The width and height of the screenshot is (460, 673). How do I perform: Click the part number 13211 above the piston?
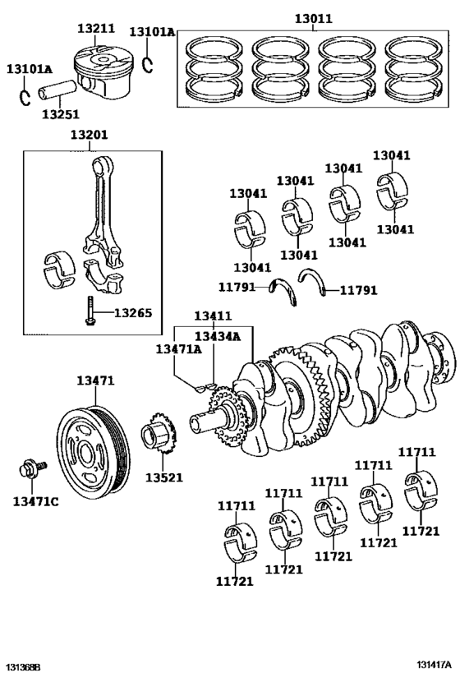coord(96,28)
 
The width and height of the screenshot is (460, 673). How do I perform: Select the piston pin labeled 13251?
coord(57,89)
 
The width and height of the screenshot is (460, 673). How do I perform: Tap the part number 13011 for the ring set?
coord(313,19)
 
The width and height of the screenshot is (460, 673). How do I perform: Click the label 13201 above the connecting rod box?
coord(90,135)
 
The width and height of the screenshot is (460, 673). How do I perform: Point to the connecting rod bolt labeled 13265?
coord(90,311)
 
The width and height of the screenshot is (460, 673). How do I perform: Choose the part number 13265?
coord(133,313)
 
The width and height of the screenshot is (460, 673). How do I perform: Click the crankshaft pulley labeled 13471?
coord(93,457)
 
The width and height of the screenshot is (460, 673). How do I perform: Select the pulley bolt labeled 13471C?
coord(32,468)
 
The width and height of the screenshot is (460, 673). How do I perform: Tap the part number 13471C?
coord(35,501)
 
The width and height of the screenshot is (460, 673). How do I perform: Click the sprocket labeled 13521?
coord(159,434)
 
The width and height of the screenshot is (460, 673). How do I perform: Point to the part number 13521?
coord(164,477)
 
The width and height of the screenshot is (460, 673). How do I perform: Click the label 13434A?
coord(218,337)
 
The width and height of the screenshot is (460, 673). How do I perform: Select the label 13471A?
coord(178,349)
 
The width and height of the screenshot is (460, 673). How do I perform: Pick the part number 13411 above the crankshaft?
coord(213,316)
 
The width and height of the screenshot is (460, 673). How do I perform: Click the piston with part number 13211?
coord(103,71)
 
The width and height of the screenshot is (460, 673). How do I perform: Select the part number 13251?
coord(61,114)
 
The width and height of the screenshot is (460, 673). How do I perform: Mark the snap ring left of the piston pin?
coord(25,98)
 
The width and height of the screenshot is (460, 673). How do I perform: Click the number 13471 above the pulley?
coord(95,380)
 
